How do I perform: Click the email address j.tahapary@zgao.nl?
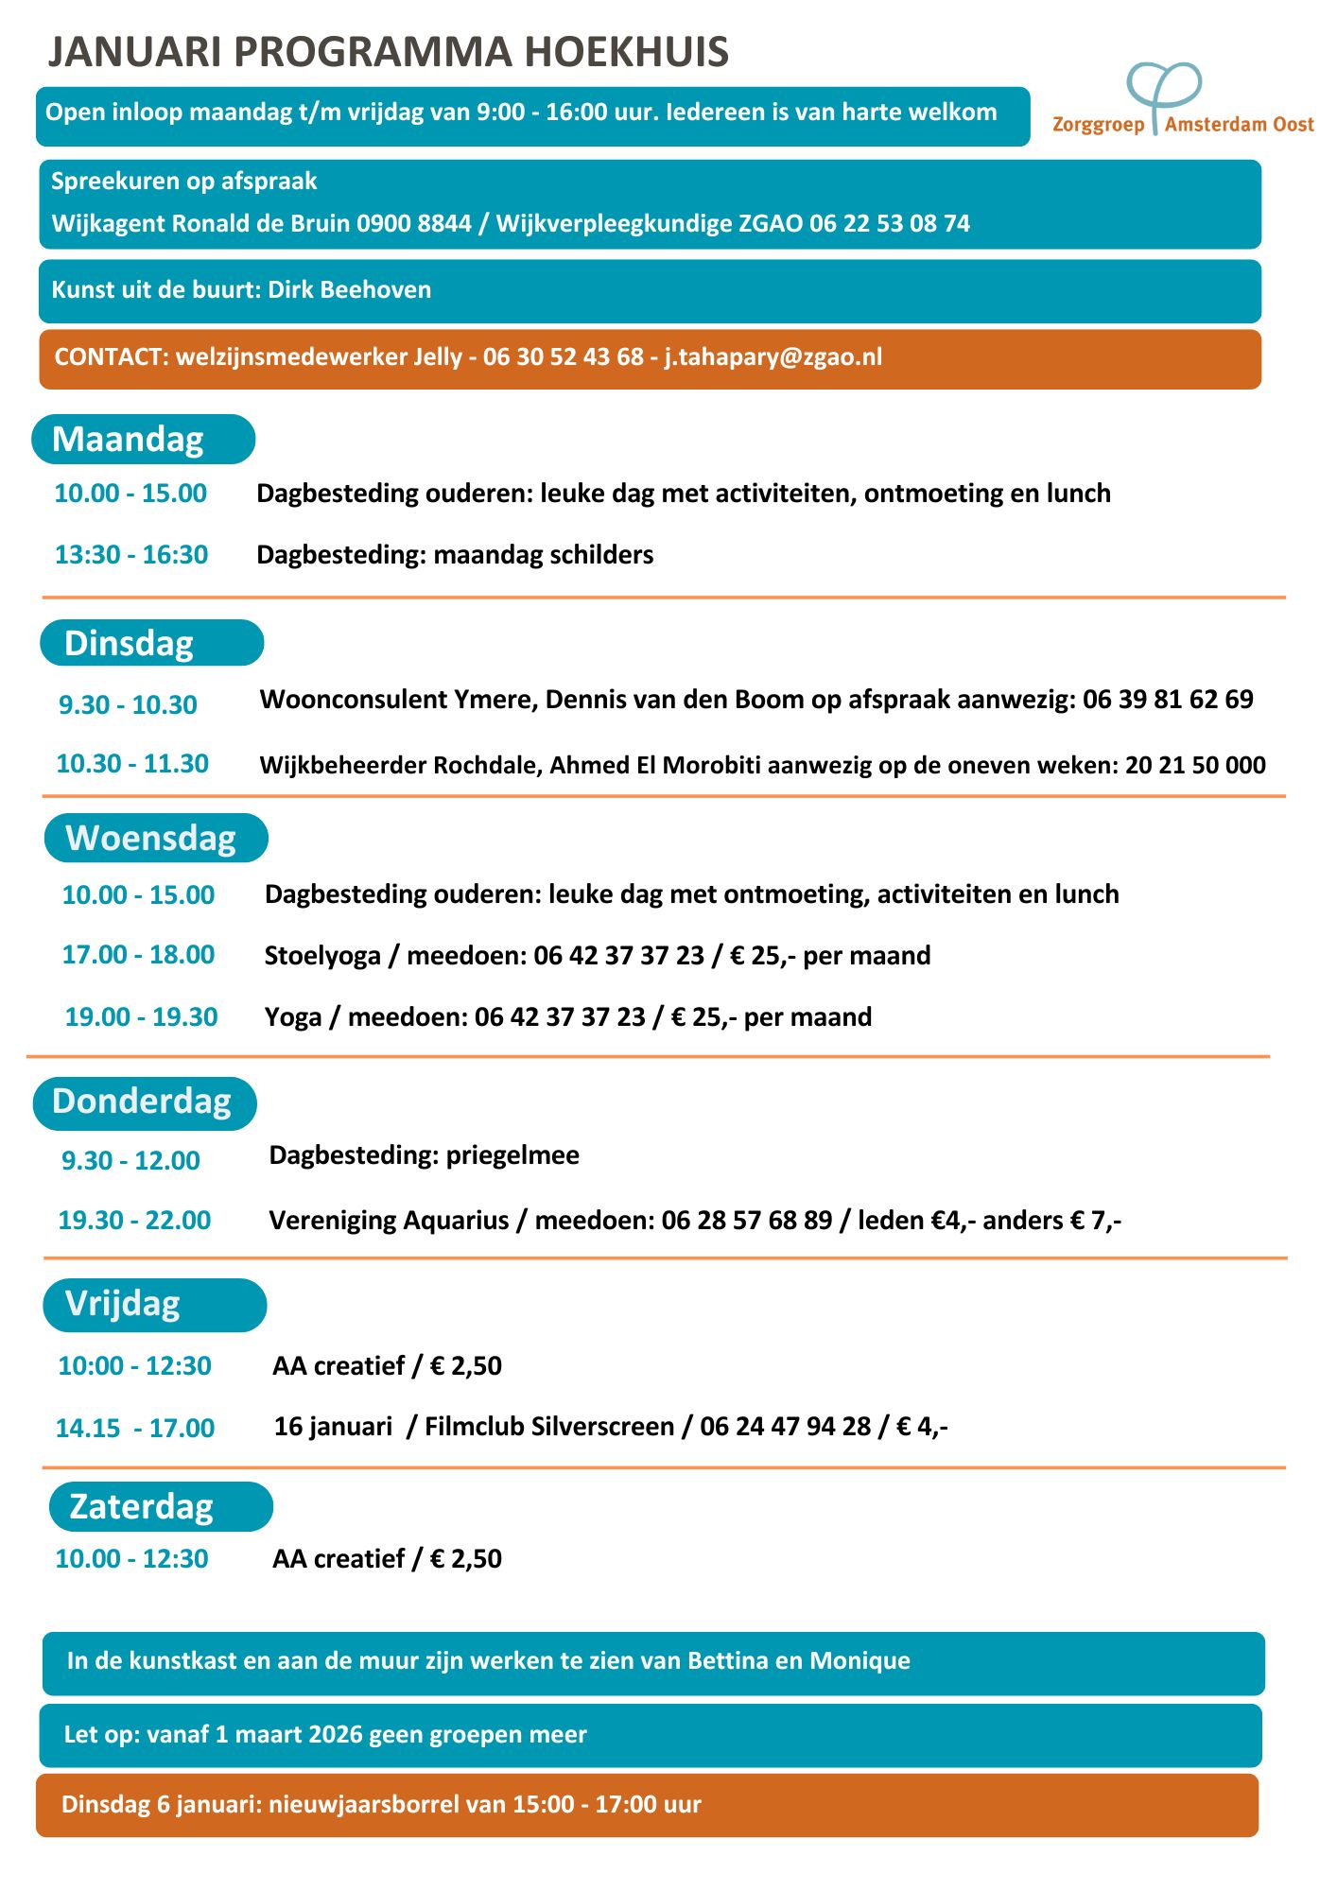[773, 357]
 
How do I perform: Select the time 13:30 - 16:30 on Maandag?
[131, 555]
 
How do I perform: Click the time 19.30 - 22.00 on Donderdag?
[134, 1221]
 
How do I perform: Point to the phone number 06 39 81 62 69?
[1168, 700]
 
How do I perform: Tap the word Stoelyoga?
[322, 956]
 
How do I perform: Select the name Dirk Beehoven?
[349, 290]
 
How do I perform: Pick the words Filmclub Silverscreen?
[549, 1427]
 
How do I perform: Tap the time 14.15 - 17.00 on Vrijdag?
[134, 1429]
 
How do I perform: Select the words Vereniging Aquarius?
[389, 1221]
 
